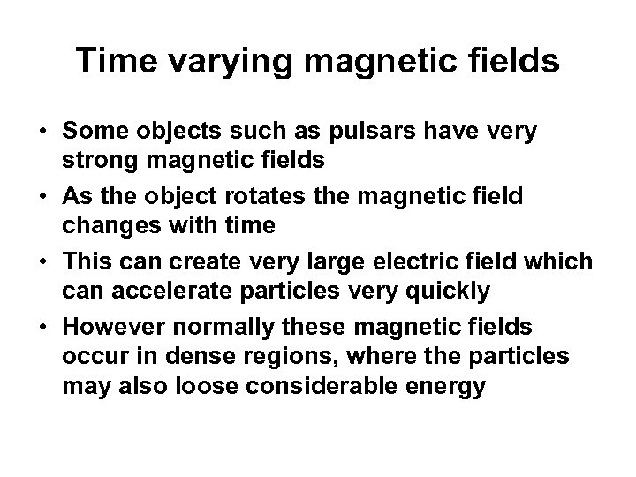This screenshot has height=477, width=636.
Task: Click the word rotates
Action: [271, 195]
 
